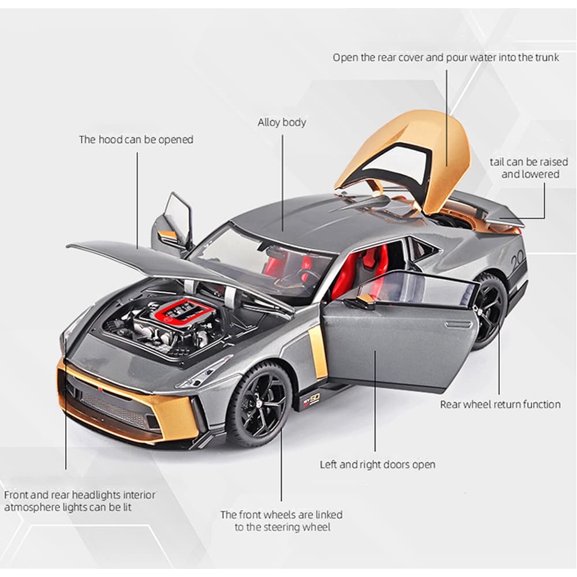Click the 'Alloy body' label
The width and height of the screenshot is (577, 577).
coord(282,122)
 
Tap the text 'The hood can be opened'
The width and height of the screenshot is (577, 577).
coord(136,140)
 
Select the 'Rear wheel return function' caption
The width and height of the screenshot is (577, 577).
coord(500,404)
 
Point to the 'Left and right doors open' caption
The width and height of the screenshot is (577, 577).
coord(377,464)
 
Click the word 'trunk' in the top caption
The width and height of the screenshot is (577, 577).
coord(547,57)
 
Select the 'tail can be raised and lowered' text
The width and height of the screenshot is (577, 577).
coord(529,168)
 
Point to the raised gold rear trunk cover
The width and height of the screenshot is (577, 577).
coord(405,162)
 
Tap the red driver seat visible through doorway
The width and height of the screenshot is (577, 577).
coord(348,272)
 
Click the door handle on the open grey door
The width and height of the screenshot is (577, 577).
coord(458,324)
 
